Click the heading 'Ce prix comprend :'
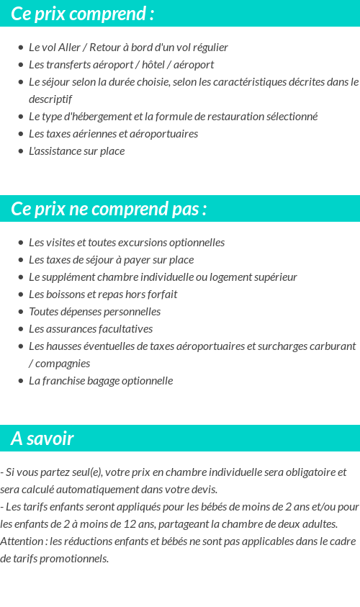(82, 14)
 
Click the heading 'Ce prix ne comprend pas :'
(109, 209)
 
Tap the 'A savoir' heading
(42, 439)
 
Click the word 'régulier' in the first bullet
(208, 48)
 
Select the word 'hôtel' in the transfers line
(158, 65)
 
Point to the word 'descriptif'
(50, 99)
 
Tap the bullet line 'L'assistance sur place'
(76, 151)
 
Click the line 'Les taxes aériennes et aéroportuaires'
(113, 134)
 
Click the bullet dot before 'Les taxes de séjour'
(21, 260)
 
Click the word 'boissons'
(66, 294)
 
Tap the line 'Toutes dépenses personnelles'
(94, 312)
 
